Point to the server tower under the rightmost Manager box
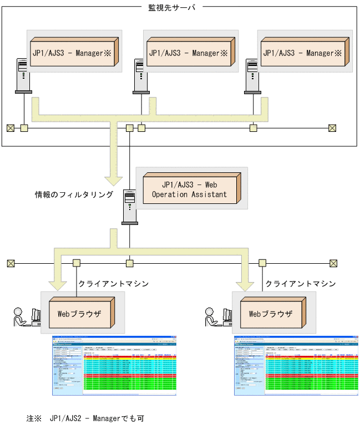point(253,75)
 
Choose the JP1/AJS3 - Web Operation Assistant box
point(190,189)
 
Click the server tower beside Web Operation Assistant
point(129,207)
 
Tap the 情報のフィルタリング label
point(74,195)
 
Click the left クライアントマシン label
point(114,284)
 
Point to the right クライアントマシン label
point(300,284)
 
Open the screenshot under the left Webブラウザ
point(114,365)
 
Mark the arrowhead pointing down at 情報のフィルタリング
point(114,180)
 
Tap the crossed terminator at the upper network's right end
point(332,129)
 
